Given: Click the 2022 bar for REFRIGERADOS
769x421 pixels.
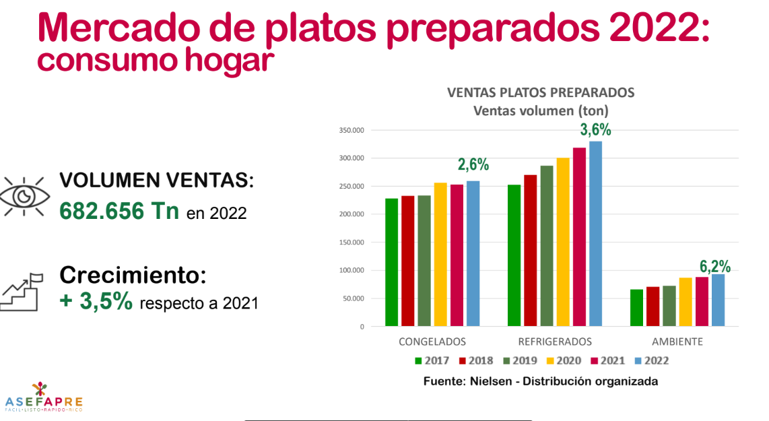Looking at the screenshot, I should coord(595,234).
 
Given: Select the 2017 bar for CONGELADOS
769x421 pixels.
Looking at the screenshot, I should coord(391,263).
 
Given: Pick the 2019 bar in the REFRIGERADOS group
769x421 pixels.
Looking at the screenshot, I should coord(546,246).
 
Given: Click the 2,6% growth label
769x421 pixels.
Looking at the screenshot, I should coord(473,164).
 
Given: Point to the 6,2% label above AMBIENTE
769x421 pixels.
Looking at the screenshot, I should coord(716,265).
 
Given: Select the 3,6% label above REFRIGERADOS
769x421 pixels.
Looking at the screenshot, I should coord(596,130).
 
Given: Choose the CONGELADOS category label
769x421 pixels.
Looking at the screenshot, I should coord(432,342).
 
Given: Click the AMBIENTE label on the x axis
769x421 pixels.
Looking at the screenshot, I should coord(678,342).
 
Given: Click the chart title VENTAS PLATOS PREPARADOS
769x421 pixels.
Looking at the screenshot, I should coord(541,92).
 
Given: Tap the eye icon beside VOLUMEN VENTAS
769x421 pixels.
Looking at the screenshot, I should coord(24,196).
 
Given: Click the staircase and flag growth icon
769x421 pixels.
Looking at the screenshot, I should coord(22,291).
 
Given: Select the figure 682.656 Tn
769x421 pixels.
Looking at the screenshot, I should coord(119,211).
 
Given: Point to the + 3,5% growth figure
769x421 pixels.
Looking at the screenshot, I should coord(96,301).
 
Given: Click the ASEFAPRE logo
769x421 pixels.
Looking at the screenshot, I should coord(44,397).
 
